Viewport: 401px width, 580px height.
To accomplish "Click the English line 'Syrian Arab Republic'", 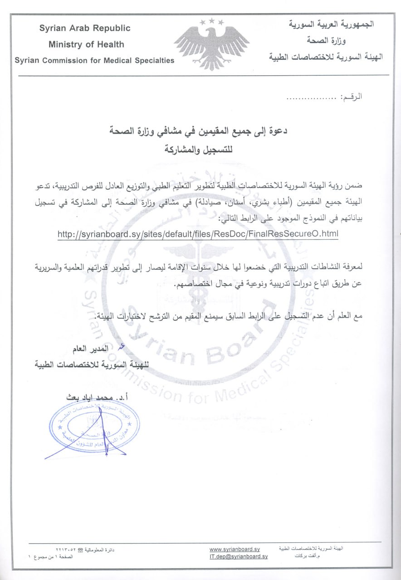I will (85, 28).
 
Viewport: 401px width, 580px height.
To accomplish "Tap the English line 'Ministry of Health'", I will (86, 44).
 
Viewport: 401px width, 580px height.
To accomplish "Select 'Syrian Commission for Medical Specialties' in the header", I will (94, 60).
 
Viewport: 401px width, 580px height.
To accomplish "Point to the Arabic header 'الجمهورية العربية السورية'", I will (331, 24).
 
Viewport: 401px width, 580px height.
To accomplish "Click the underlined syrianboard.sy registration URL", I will (198, 234).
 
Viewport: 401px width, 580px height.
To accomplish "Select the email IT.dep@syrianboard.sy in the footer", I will (239, 556).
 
